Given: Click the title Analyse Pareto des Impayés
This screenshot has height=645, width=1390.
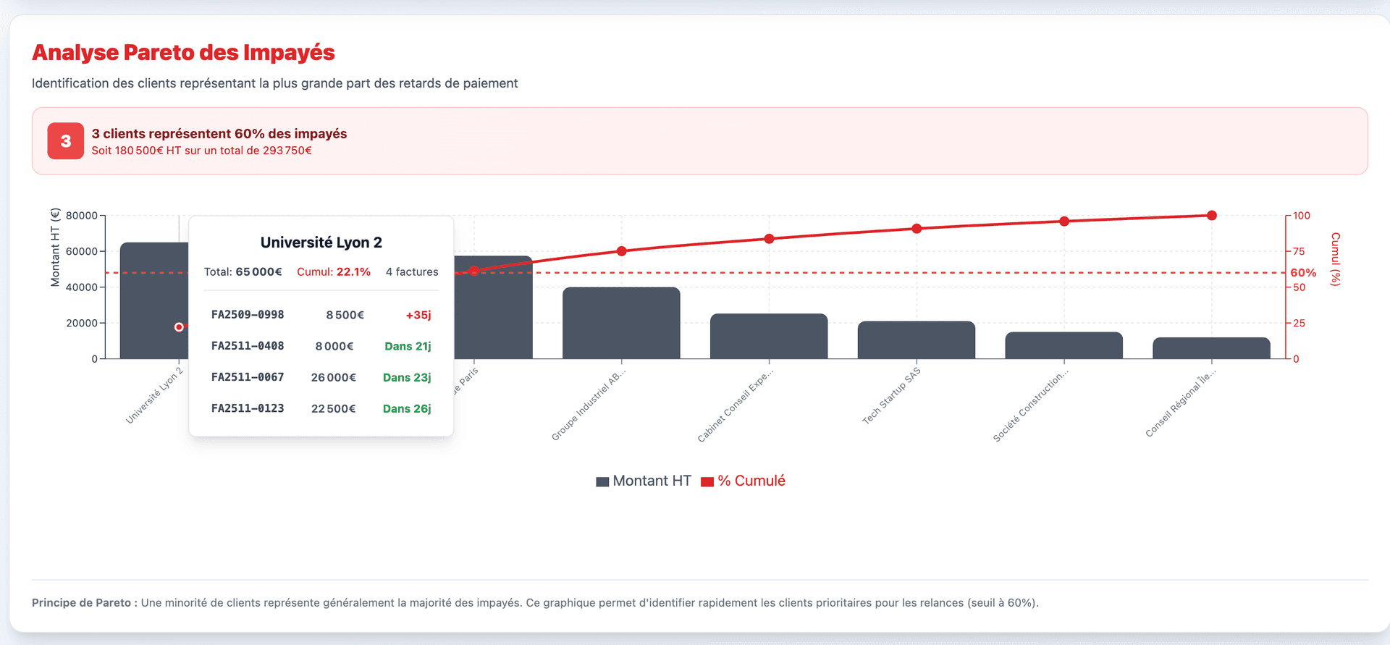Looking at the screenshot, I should (x=183, y=53).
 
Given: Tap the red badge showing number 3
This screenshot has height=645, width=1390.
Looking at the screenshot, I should (x=66, y=141).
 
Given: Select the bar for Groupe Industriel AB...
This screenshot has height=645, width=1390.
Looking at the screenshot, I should (x=621, y=323).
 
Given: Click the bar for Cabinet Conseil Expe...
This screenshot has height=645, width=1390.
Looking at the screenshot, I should (x=769, y=337).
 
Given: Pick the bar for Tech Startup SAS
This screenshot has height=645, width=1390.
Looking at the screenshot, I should (x=917, y=340).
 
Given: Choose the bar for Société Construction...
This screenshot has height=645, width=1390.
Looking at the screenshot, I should (x=1063, y=346).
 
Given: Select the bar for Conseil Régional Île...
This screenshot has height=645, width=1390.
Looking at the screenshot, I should (x=1211, y=348).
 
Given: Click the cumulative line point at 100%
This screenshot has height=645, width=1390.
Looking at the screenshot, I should (x=1211, y=216).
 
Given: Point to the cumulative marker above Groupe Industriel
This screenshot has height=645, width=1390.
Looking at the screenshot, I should (x=621, y=251).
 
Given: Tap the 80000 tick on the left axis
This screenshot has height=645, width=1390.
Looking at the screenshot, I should (x=81, y=216).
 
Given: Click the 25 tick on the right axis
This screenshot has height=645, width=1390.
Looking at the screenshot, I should (x=1300, y=323).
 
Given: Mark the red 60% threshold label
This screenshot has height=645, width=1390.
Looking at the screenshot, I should (x=1303, y=273).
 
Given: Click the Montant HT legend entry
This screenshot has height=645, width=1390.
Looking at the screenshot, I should (x=644, y=481).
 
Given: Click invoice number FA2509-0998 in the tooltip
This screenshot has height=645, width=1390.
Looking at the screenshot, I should (x=248, y=315).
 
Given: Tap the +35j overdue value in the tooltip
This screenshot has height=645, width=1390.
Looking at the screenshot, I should (x=418, y=315).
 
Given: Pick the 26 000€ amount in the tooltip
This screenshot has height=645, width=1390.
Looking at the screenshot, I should (x=334, y=378).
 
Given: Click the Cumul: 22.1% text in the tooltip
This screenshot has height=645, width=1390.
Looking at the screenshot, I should (x=334, y=272).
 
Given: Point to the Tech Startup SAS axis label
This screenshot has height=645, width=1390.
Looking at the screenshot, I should (x=891, y=396).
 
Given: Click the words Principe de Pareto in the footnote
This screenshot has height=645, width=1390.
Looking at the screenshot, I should (x=82, y=603).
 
